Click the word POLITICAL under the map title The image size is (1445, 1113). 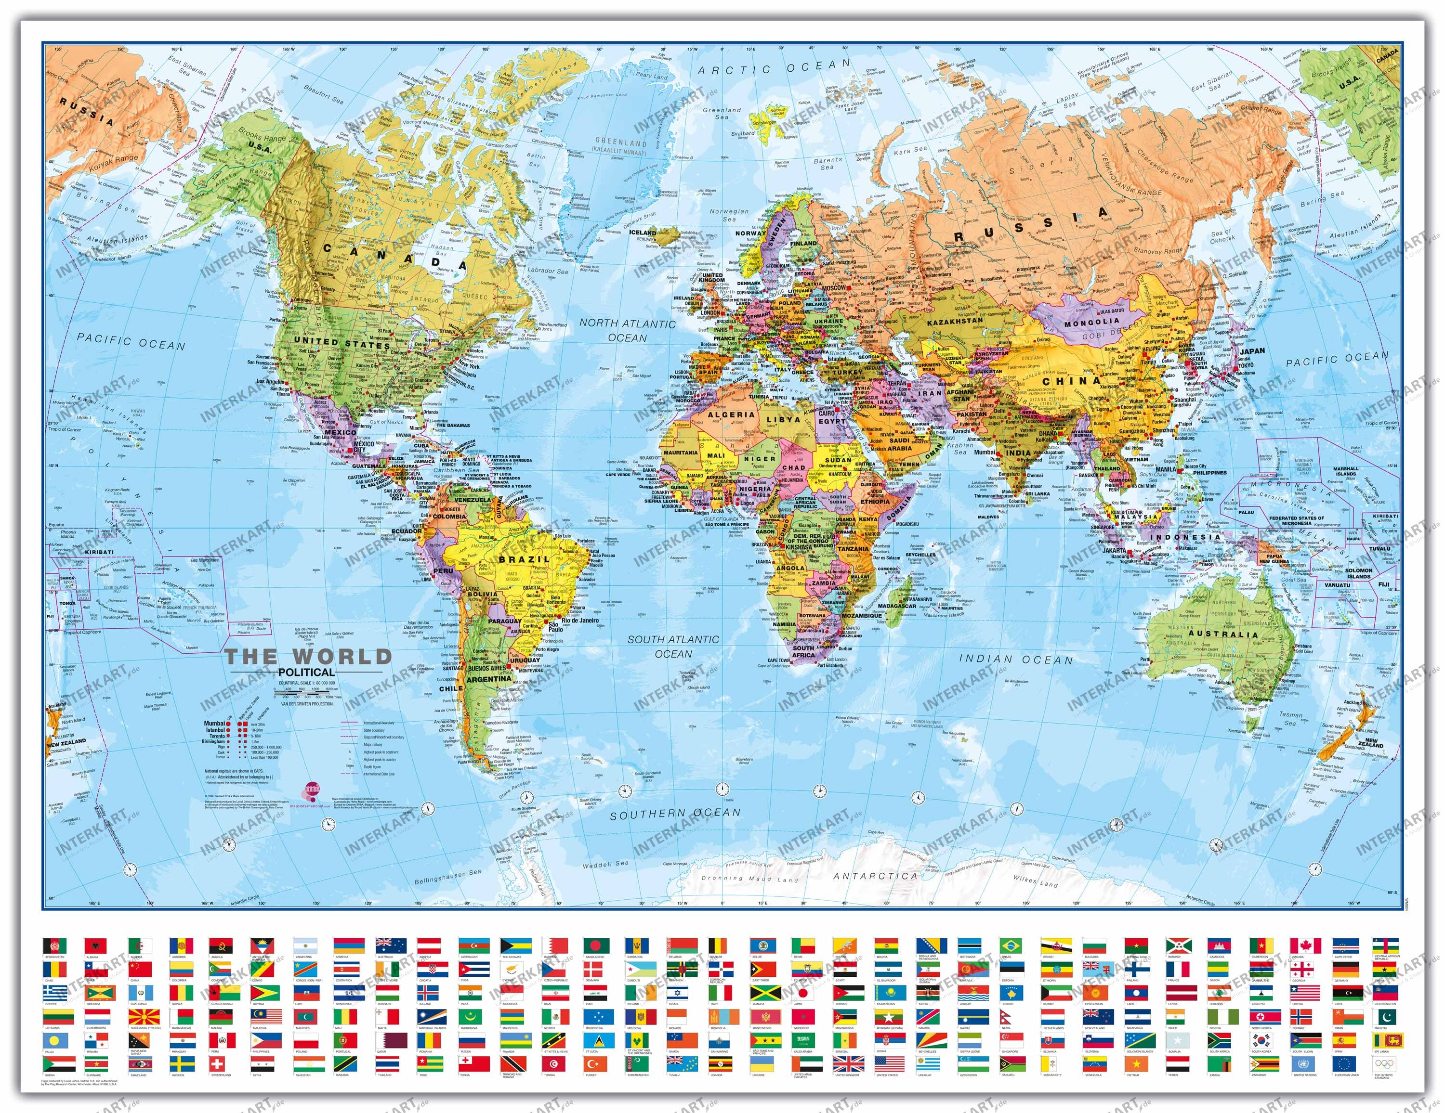[306, 672]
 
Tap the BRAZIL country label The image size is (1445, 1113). [524, 559]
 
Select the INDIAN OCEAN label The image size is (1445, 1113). [1016, 660]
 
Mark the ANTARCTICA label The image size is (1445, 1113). [875, 876]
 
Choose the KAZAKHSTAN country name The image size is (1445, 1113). [955, 321]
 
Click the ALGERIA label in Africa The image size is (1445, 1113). [731, 414]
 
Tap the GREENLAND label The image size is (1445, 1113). [620, 142]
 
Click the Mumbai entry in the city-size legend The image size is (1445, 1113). [214, 724]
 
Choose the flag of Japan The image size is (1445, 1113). [803, 993]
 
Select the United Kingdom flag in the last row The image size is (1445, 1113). [848, 1064]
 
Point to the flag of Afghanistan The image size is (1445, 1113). [55, 945]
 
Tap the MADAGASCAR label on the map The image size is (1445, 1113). [898, 606]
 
